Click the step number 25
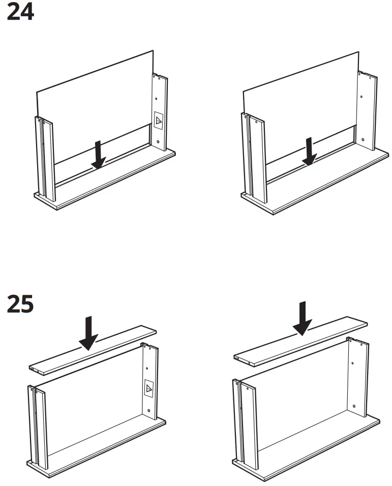pyautogui.click(x=20, y=304)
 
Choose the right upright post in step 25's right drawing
pyautogui.click(x=358, y=376)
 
